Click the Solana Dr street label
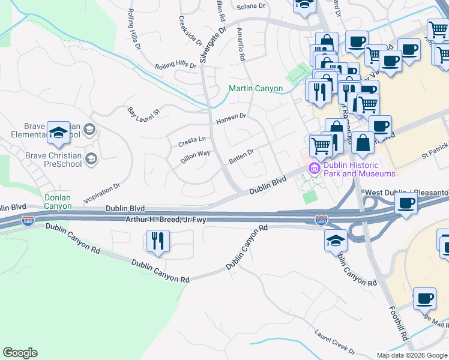coord(251,7)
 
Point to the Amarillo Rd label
coord(241,44)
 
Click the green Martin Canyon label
coord(256,89)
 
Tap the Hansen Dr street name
coord(231,116)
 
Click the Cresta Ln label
coord(192,142)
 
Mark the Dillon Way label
coord(195,157)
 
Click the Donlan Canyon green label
coord(58,202)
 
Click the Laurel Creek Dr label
coord(335,341)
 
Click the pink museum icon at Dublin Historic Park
coord(314,169)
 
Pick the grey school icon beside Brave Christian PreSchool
coord(91,158)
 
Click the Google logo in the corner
coord(20,353)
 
